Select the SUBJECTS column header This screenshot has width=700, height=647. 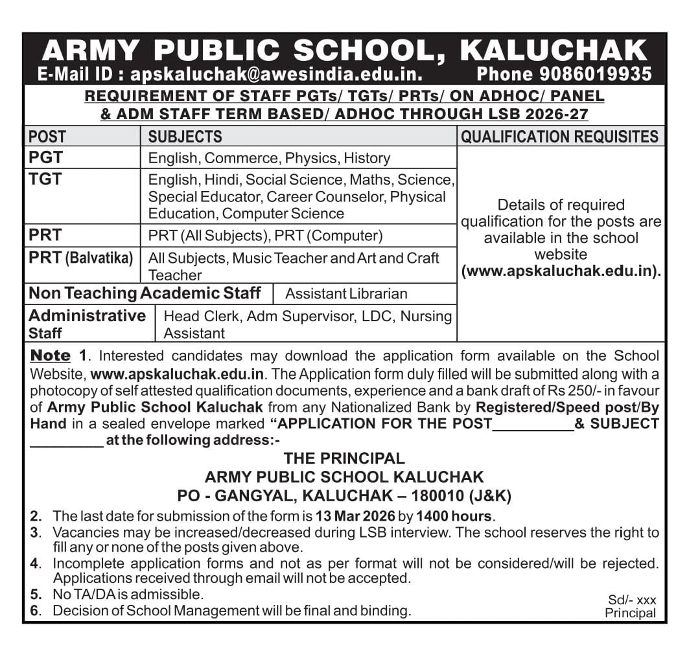[185, 137]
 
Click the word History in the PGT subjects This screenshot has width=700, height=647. [367, 158]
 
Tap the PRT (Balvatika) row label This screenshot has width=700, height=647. [80, 258]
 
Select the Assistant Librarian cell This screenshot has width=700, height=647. [346, 293]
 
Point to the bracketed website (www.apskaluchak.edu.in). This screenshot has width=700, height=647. [561, 271]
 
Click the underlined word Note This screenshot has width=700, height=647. [51, 356]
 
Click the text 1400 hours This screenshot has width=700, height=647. [454, 516]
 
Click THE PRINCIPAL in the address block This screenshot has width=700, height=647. [344, 459]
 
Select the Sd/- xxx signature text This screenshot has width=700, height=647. [632, 600]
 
